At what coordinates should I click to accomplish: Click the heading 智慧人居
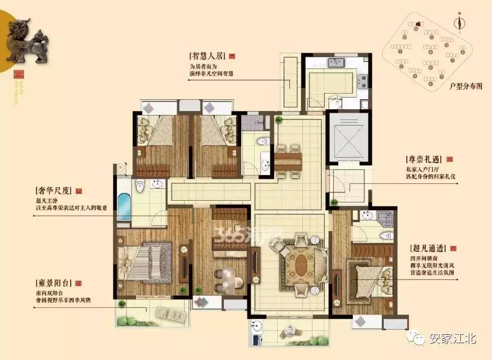click(209, 57)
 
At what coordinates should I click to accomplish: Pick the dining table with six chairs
click(288, 161)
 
